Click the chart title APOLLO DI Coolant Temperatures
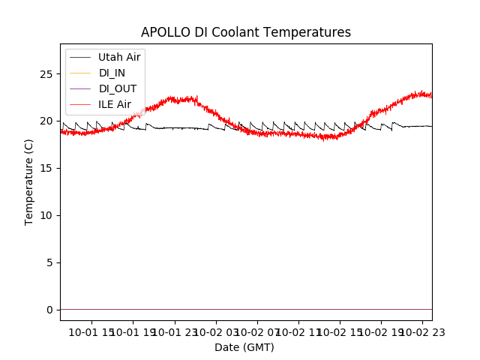(246, 33)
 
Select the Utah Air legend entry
(119, 57)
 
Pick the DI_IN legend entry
(112, 73)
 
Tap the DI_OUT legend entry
(117, 88)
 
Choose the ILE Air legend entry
(115, 104)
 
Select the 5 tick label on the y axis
(49, 262)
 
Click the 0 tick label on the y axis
(49, 310)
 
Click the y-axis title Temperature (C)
(29, 181)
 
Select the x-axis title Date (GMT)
(244, 347)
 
